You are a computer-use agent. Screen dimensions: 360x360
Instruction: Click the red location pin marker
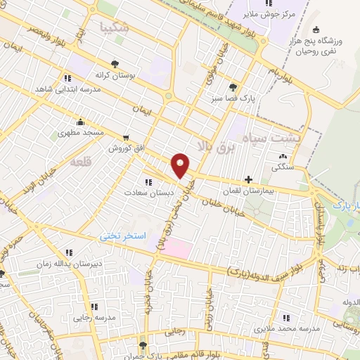pos(181,165)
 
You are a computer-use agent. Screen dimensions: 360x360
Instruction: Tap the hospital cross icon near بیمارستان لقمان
pos(247,179)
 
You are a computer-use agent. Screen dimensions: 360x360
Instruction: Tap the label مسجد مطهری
pos(81,131)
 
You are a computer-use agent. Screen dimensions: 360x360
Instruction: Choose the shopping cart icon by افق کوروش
pos(125,138)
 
